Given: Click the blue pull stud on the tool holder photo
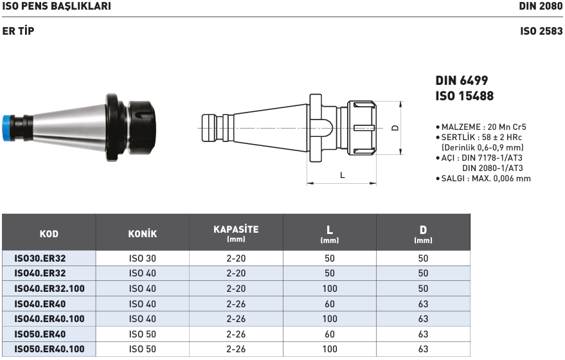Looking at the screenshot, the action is (x=7, y=129).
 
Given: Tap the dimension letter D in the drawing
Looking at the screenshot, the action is (x=395, y=128).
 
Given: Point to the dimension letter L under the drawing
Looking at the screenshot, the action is (x=343, y=175).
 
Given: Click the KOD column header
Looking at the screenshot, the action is (x=49, y=234).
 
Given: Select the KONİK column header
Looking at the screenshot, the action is (x=142, y=234).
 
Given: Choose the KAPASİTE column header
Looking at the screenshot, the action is (x=236, y=230).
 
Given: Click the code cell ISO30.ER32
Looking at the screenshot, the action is (x=40, y=258).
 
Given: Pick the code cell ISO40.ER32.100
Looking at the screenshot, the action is (x=49, y=289).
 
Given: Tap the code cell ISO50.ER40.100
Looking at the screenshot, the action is (x=49, y=349).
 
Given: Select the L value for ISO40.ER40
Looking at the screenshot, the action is (x=330, y=304).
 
